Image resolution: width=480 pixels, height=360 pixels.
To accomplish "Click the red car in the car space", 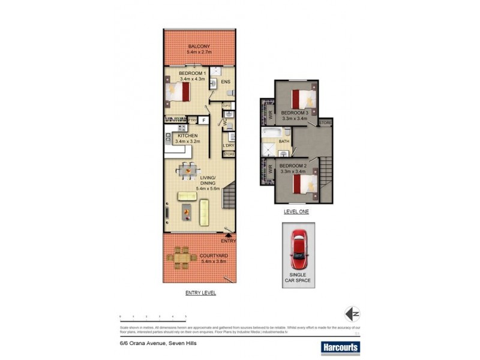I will pyautogui.click(x=298, y=248).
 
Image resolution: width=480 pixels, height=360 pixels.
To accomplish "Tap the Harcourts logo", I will pyautogui.click(x=340, y=346).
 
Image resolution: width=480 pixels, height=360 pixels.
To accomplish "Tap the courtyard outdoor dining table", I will pyautogui.click(x=182, y=257).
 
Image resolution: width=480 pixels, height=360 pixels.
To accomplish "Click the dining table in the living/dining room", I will pyautogui.click(x=189, y=170).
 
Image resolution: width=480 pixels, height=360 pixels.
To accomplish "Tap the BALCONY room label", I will pyautogui.click(x=198, y=46).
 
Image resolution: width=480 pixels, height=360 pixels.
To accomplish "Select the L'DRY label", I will pyautogui.click(x=228, y=146).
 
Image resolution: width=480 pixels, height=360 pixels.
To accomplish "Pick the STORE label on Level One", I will pyautogui.click(x=325, y=123).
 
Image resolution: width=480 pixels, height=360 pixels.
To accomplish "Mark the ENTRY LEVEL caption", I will pyautogui.click(x=200, y=293).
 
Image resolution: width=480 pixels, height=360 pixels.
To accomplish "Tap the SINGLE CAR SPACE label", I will pyautogui.click(x=298, y=277).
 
